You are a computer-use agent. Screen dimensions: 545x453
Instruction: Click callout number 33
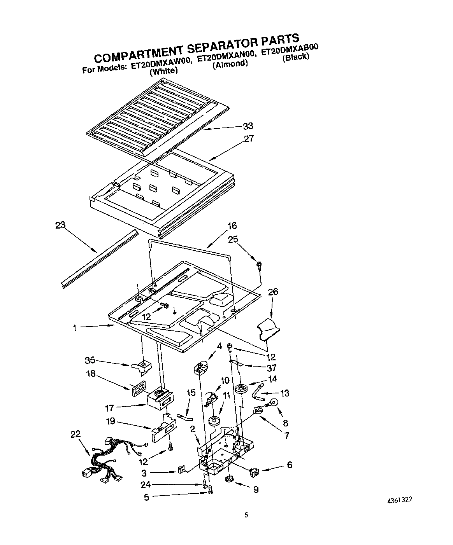pos(248,126)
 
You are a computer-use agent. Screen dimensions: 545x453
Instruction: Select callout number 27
pos(249,138)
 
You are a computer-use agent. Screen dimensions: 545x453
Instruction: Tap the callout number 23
pos(60,225)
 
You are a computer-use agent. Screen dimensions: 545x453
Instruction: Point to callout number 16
pos(232,226)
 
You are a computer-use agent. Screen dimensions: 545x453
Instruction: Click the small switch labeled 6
pos(255,472)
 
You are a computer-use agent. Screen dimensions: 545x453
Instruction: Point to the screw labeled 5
pos(211,492)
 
